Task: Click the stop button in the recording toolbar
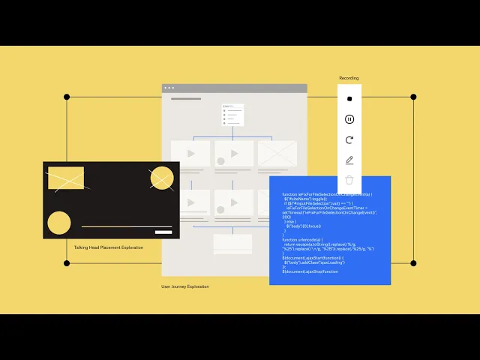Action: (349, 98)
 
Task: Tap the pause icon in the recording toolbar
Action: (349, 118)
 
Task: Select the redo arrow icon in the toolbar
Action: (349, 139)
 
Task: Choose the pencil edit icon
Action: (349, 160)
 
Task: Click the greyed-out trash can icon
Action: (349, 180)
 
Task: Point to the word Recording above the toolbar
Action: (349, 78)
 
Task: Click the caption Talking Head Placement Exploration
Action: (108, 247)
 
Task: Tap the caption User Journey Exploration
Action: (184, 286)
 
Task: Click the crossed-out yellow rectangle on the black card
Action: (66, 178)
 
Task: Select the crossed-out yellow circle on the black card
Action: (161, 178)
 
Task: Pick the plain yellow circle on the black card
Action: (59, 223)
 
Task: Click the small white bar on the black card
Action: (163, 232)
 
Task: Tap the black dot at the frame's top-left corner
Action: (67, 97)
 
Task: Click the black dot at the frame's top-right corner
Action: (413, 97)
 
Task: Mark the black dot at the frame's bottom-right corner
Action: (413, 263)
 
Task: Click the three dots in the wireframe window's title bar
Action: (169, 88)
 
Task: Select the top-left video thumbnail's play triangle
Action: (191, 154)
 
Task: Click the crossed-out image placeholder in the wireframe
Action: (277, 154)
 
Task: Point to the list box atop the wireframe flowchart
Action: (232, 115)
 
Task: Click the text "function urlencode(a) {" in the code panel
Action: (299, 240)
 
